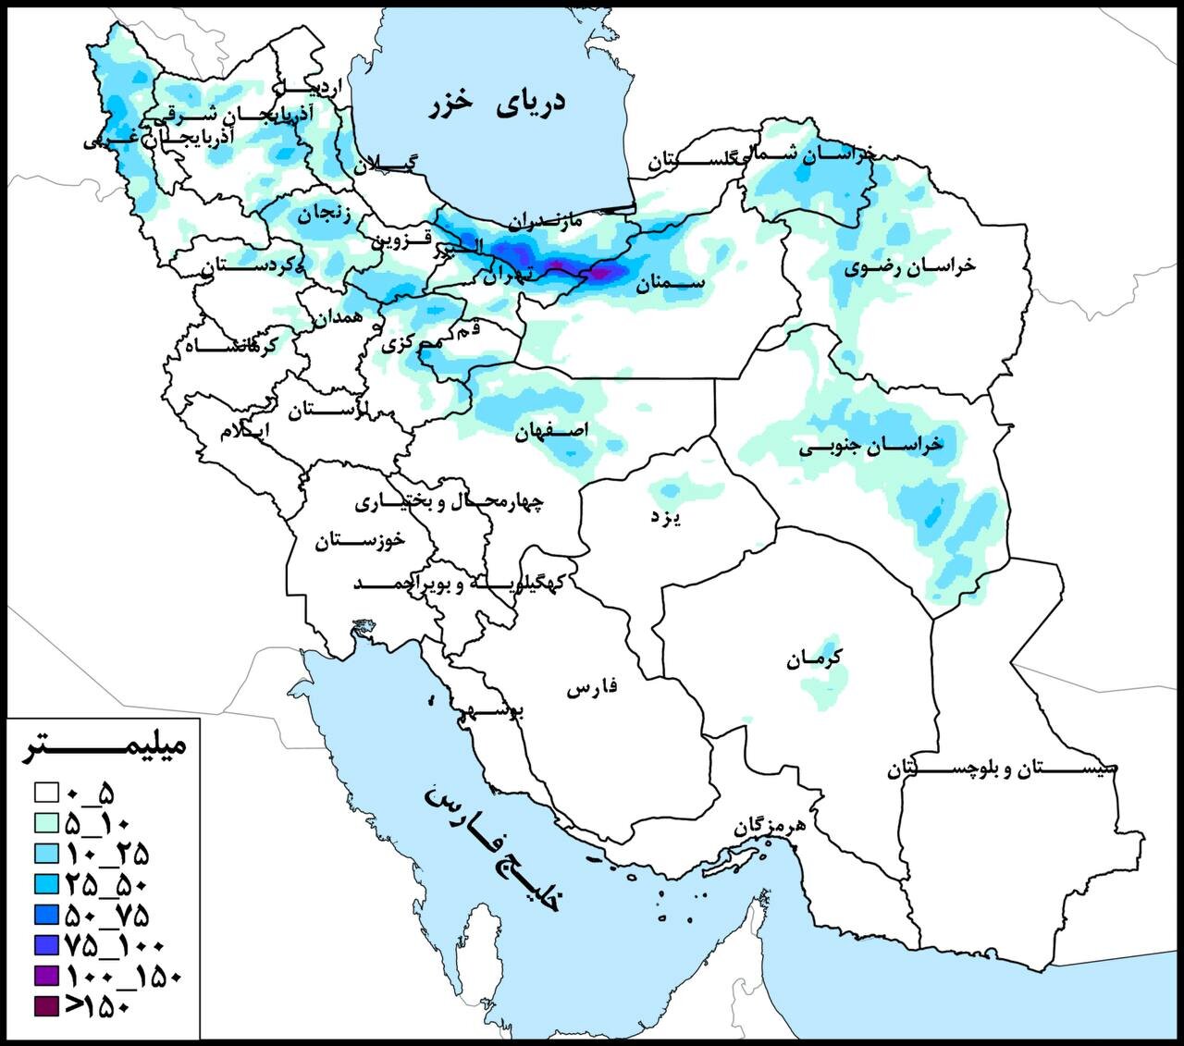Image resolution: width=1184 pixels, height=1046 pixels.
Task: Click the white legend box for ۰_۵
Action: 46,793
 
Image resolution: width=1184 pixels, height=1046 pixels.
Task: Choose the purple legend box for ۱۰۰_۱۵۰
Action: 46,975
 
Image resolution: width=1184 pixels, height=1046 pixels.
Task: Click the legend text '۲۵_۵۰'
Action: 106,884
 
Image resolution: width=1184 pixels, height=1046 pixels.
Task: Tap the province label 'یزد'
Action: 665,518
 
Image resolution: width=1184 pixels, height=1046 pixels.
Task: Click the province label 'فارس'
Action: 591,689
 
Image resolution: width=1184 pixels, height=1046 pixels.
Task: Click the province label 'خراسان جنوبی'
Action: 870,446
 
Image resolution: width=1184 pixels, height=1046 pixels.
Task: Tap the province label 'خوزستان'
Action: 360,542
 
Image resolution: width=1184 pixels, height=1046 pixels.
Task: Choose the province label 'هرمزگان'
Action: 770,826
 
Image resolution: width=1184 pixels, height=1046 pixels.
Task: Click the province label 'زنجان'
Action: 324,215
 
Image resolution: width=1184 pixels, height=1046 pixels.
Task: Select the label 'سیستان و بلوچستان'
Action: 1003,769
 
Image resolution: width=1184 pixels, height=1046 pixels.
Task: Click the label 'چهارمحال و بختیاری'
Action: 450,502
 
